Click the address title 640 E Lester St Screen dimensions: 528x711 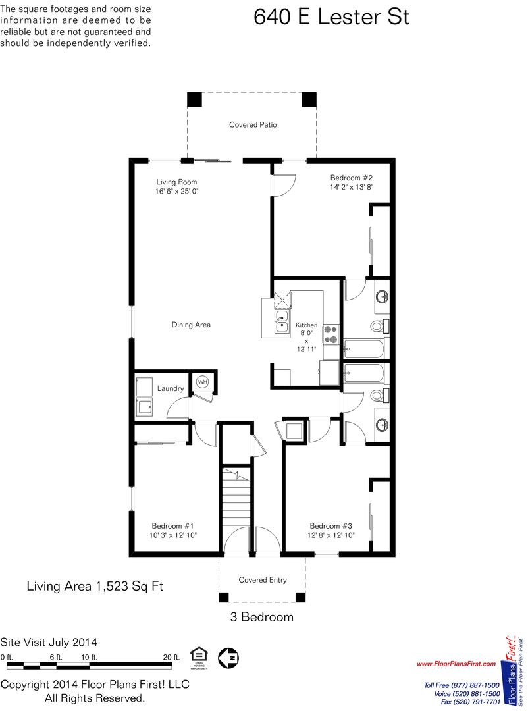pyautogui.click(x=331, y=16)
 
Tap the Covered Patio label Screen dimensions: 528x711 pyautogui.click(x=253, y=124)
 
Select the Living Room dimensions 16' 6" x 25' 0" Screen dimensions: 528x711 pyautogui.click(x=177, y=192)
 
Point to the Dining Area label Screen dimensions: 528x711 pyautogui.click(x=191, y=325)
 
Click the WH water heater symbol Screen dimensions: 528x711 pyautogui.click(x=202, y=382)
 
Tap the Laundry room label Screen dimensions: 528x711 pyautogui.click(x=171, y=388)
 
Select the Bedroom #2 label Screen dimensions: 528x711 pyautogui.click(x=352, y=178)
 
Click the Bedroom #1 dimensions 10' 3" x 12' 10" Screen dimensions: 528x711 pyautogui.click(x=173, y=535)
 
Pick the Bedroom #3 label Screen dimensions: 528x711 pyautogui.click(x=330, y=526)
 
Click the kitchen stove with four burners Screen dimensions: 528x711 pyautogui.click(x=330, y=334)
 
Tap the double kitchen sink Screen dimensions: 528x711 pyautogui.click(x=282, y=321)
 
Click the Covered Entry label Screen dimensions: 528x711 pyautogui.click(x=263, y=580)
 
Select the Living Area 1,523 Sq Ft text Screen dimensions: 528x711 pyautogui.click(x=95, y=586)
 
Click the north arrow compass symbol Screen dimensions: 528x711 pyautogui.click(x=228, y=657)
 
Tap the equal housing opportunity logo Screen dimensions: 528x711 pyautogui.click(x=199, y=658)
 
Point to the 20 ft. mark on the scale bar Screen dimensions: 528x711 pyautogui.click(x=171, y=657)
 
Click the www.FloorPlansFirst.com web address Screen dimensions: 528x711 pyautogui.click(x=456, y=664)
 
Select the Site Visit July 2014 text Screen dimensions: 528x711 pyautogui.click(x=49, y=642)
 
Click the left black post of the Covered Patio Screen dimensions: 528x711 pyautogui.click(x=194, y=99)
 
